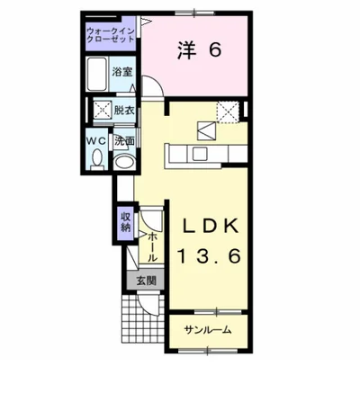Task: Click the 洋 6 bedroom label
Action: point(200,50)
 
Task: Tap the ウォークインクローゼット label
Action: point(110,35)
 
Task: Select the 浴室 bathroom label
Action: point(121,72)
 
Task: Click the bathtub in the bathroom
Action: point(97,74)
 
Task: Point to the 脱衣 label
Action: point(124,111)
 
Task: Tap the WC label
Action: point(96,140)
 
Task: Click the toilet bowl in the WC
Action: point(97,158)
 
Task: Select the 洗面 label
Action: point(124,141)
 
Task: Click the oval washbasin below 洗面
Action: point(125,163)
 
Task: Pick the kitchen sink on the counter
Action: point(200,154)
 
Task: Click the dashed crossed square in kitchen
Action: point(228,112)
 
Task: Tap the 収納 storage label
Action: point(126,222)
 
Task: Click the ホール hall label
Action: point(153,246)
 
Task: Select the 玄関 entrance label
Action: point(146,281)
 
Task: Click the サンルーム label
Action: point(208,330)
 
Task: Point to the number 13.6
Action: point(210,256)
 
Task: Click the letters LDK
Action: point(211,227)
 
